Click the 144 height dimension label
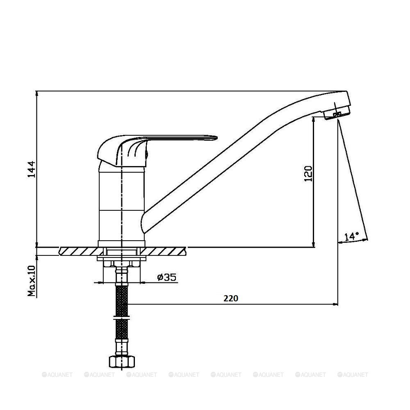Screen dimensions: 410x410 tap(32, 169)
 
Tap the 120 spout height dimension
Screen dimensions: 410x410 tap(308, 173)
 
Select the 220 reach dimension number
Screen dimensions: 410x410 tap(231, 298)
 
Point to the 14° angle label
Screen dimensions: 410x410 tap(351, 237)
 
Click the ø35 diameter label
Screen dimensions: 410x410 tap(167, 277)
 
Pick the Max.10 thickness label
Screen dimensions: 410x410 tap(32, 281)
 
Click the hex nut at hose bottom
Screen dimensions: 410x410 tap(122, 362)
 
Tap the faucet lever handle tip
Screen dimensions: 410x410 tap(216, 137)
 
